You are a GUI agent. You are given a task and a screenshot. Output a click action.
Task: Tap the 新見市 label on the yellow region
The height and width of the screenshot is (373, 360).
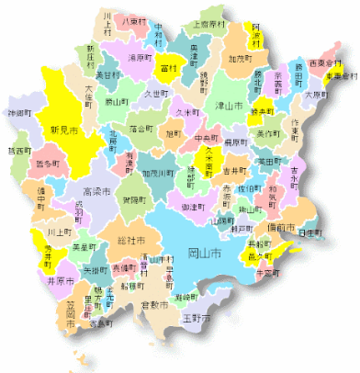(x=64, y=129)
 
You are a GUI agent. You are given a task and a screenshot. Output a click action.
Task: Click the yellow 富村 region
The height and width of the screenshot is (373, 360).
(x=168, y=69)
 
